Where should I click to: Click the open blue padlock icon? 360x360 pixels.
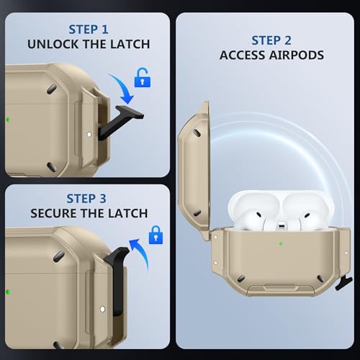(143, 78)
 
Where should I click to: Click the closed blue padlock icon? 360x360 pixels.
(156, 235)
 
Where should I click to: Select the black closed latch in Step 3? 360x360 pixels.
(117, 281)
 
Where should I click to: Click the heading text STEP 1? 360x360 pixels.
(89, 30)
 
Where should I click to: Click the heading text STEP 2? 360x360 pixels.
(271, 40)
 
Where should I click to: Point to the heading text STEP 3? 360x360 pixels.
(86, 199)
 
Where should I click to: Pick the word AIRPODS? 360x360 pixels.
(297, 55)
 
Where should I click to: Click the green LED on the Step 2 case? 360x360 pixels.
(281, 244)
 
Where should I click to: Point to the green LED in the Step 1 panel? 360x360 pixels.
(9, 120)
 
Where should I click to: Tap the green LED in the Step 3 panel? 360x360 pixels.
(8, 292)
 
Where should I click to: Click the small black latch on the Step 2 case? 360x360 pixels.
(344, 283)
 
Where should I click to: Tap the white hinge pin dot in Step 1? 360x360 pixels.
(89, 135)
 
